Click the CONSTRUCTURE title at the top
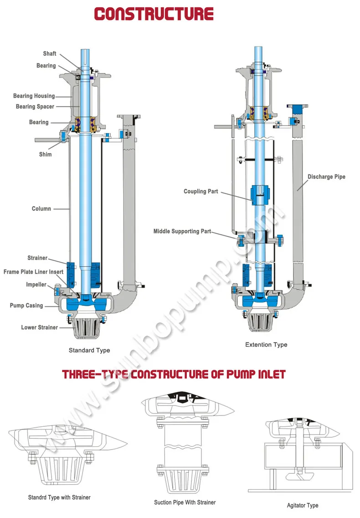coord(154,14)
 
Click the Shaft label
coord(50,54)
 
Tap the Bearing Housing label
coord(34,96)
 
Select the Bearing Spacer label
coord(35,107)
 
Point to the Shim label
coord(45,154)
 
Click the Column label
coord(41,208)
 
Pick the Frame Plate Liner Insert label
coord(33,272)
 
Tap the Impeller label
coord(36,285)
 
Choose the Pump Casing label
coord(26,306)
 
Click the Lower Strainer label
coord(40,327)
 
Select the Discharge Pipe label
coord(326,176)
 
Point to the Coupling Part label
coord(201,192)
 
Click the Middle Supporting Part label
coord(182,231)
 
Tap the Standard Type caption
coord(89,350)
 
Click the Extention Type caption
coord(266,344)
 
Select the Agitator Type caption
coord(303,505)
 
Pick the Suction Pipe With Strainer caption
coord(185,502)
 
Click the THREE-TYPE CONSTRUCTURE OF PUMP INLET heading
coord(174,374)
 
